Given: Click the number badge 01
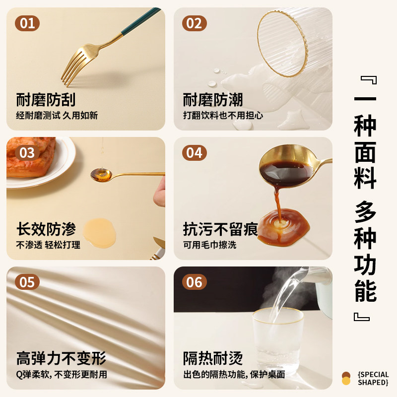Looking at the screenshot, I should (x=27, y=23).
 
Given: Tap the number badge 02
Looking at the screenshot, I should (x=194, y=23).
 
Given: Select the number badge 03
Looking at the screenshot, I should (x=27, y=153).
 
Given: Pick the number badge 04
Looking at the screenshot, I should (x=194, y=153).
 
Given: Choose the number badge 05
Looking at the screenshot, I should (x=27, y=282).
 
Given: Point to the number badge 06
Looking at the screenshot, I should (x=194, y=282).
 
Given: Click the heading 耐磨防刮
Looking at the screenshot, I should (x=46, y=100).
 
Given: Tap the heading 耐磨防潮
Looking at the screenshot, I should (x=213, y=100).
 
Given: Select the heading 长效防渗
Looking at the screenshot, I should (x=46, y=229).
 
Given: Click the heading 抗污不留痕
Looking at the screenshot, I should (x=220, y=229).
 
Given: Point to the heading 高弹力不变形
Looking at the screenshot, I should (x=61, y=358).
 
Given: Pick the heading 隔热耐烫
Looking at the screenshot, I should (x=213, y=358).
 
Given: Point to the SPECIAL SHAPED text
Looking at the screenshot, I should (x=372, y=378).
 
